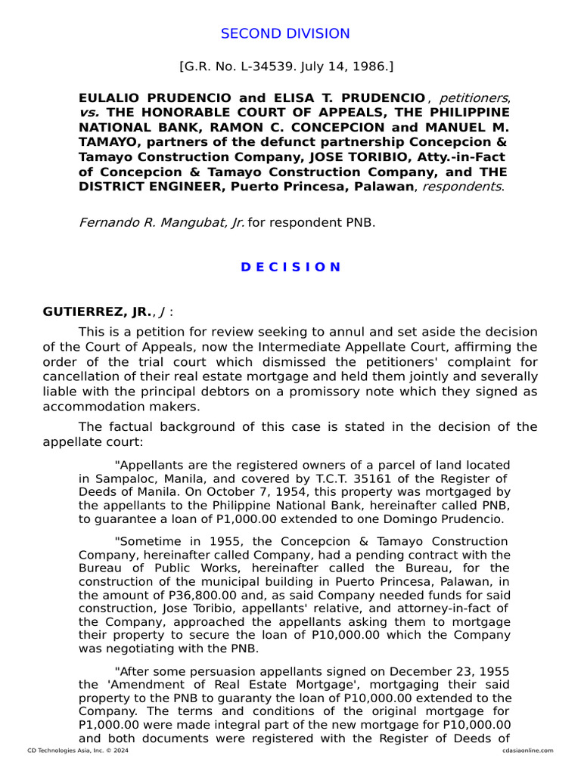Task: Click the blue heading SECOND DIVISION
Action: tap(285, 34)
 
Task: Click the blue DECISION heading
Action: tap(290, 267)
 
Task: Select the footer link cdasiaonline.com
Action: tap(528, 751)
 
